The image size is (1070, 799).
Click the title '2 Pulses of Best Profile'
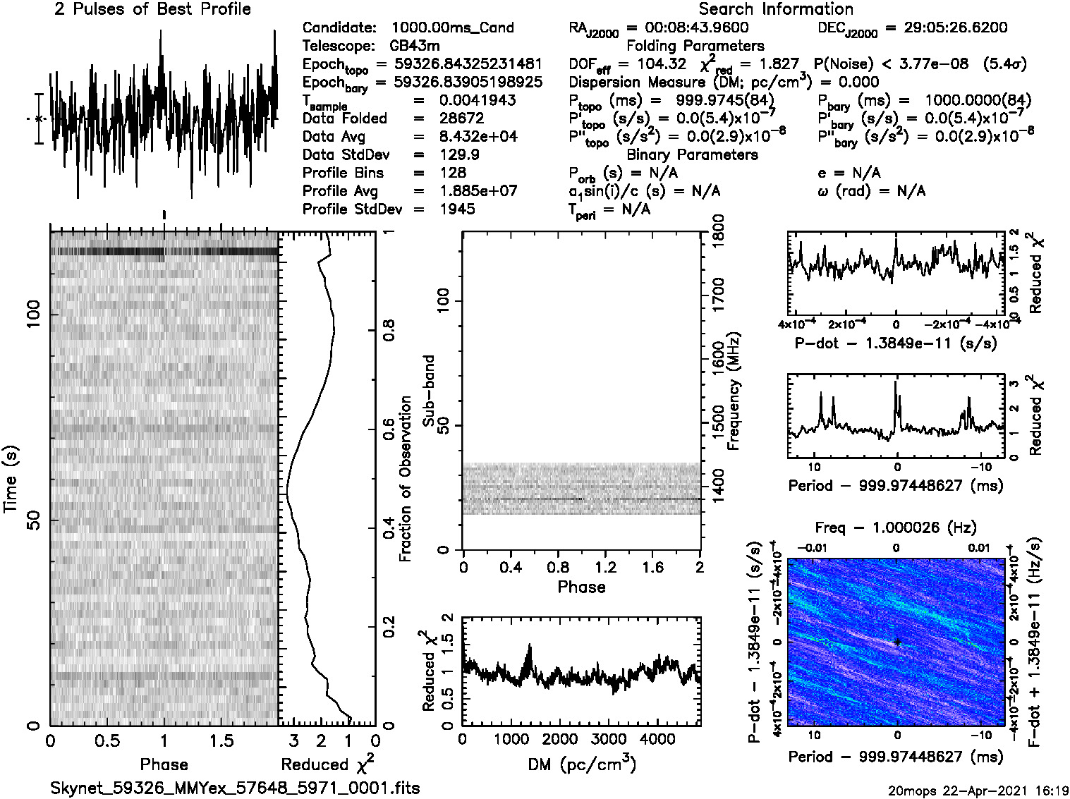coord(152,9)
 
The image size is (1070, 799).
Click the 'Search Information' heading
coord(775,9)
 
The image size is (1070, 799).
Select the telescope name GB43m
coord(415,46)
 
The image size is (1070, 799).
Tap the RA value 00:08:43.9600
coord(697,28)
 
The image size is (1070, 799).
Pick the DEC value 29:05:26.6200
coord(946,28)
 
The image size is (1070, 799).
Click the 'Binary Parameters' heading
coord(692,154)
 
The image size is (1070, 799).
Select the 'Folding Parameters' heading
coord(695,46)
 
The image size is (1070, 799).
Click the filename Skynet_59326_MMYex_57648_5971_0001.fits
coord(235,788)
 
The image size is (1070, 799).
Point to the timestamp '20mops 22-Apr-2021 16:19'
coord(978,791)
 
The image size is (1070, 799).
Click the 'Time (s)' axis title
coord(11,479)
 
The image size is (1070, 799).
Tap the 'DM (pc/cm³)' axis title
coord(581,764)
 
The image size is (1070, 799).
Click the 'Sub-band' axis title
coord(428,391)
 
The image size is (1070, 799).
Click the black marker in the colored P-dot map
coord(897,642)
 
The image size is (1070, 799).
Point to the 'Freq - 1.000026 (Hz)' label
coord(896,527)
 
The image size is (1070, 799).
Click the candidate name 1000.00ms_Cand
coord(452,28)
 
